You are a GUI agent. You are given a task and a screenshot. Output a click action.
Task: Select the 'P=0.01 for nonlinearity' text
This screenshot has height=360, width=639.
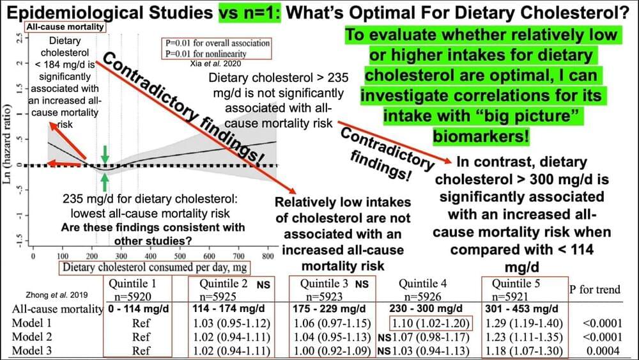217,53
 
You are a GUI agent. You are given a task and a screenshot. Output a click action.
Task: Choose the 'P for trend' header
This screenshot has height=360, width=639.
594,290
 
